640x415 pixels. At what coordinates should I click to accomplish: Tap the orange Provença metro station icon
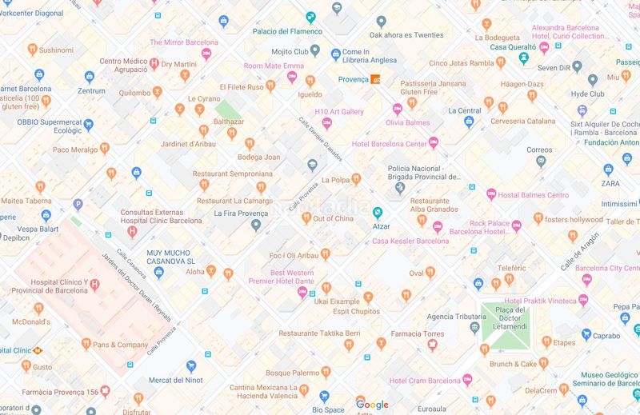375,78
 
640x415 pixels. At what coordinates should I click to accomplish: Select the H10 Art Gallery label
339,112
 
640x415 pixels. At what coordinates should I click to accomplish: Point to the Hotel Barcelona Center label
390,144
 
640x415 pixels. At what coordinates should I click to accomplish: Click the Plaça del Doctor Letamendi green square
505,325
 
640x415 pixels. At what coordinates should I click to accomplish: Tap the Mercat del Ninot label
175,381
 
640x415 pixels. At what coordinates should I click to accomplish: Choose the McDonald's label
30,321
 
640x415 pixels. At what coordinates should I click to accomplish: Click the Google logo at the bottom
372,405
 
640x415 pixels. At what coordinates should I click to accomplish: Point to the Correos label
539,150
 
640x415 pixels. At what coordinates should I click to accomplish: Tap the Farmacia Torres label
418,333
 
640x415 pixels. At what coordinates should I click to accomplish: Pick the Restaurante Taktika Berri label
319,333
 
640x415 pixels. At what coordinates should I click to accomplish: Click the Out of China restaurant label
333,219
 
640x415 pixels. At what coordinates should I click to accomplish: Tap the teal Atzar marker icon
378,213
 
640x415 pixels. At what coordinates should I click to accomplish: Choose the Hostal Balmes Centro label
534,195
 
